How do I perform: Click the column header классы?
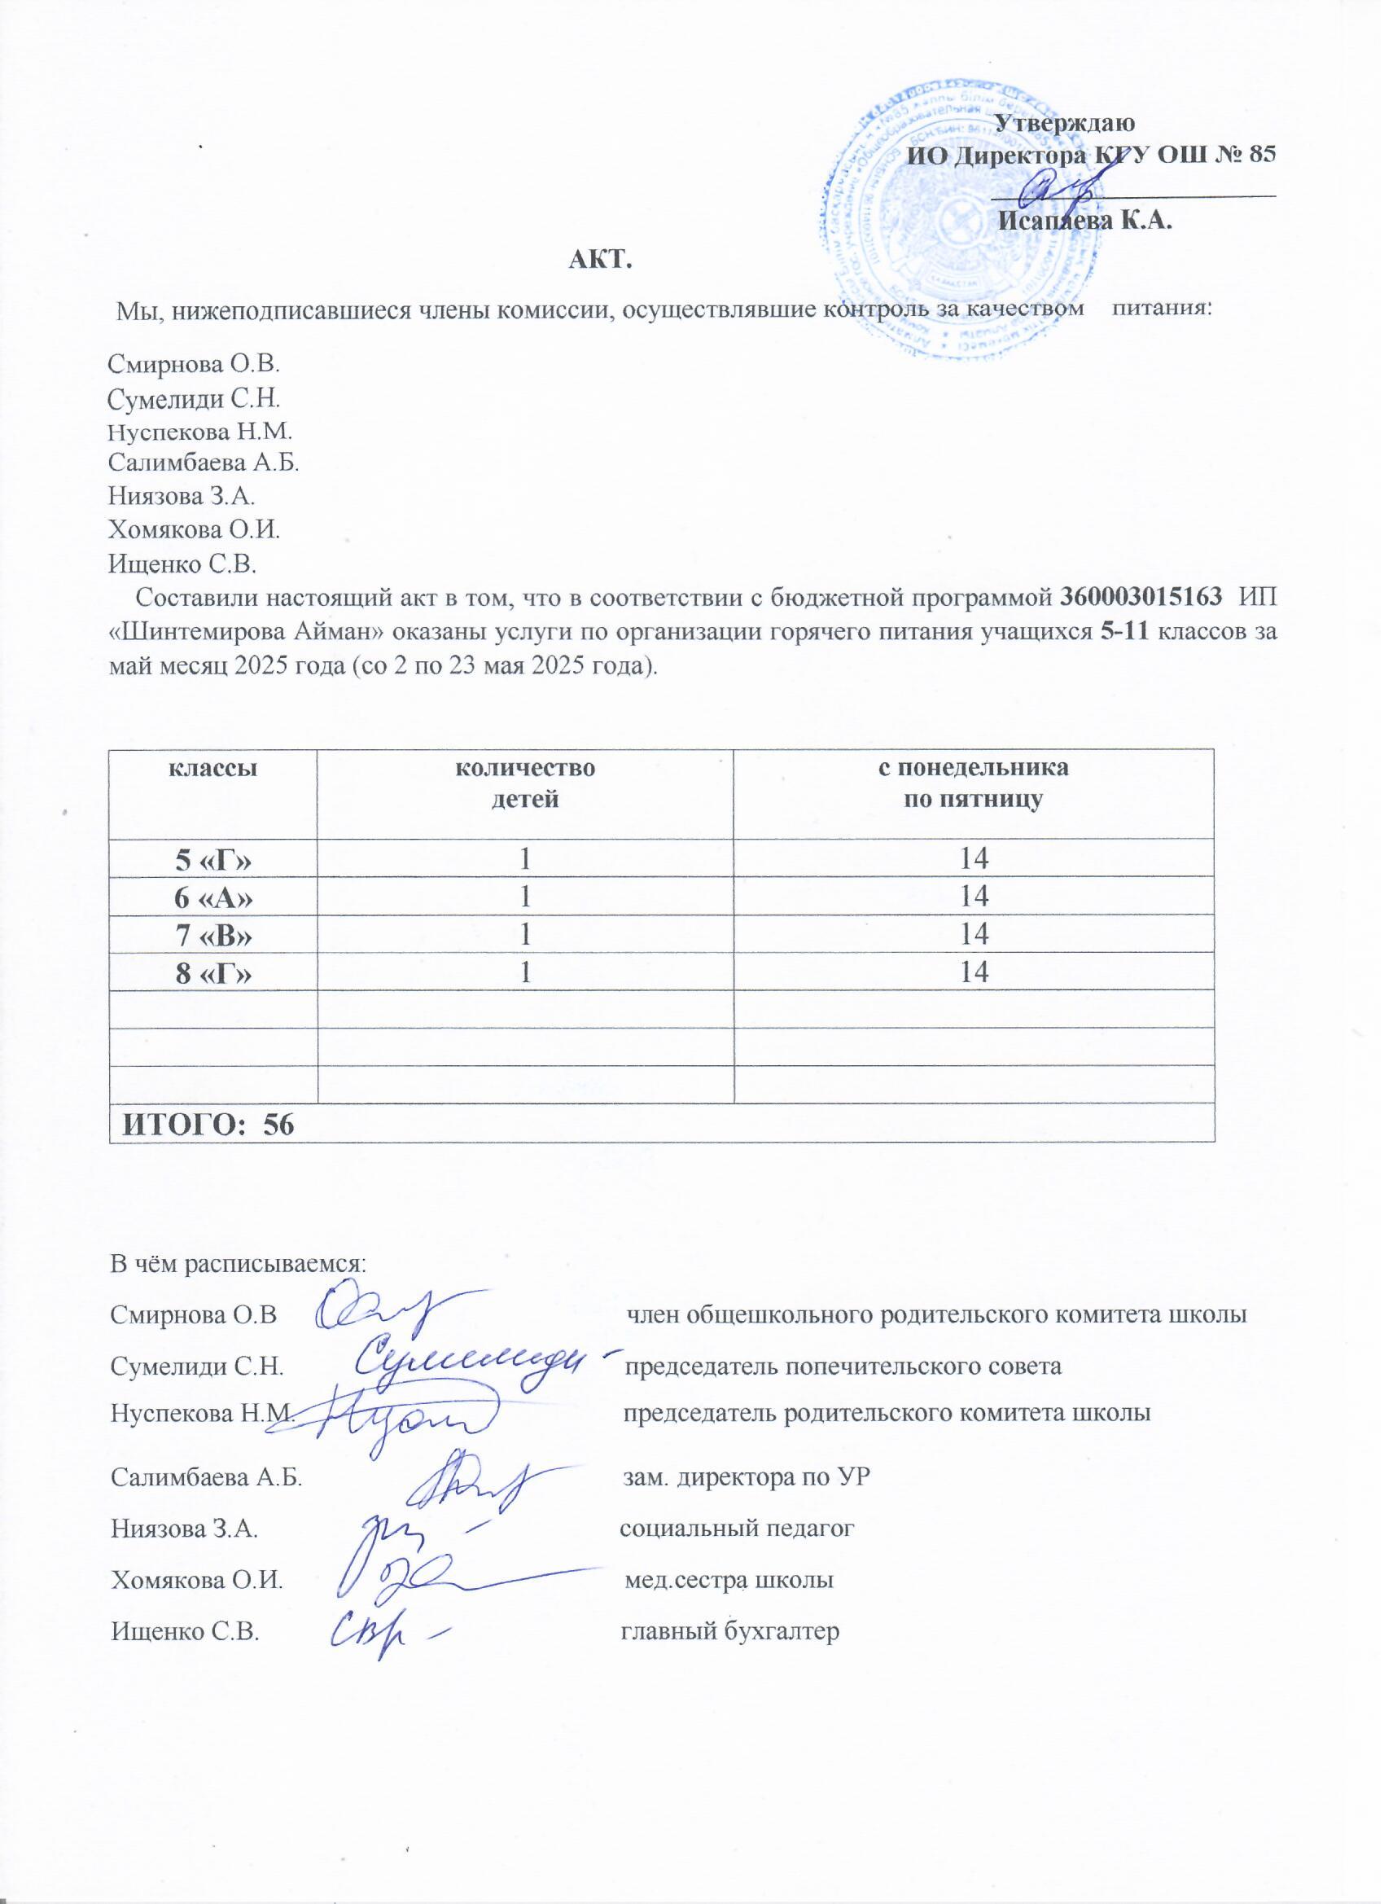[x=213, y=769]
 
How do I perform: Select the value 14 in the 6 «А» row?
[x=973, y=897]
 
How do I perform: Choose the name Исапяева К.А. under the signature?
[x=1085, y=222]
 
